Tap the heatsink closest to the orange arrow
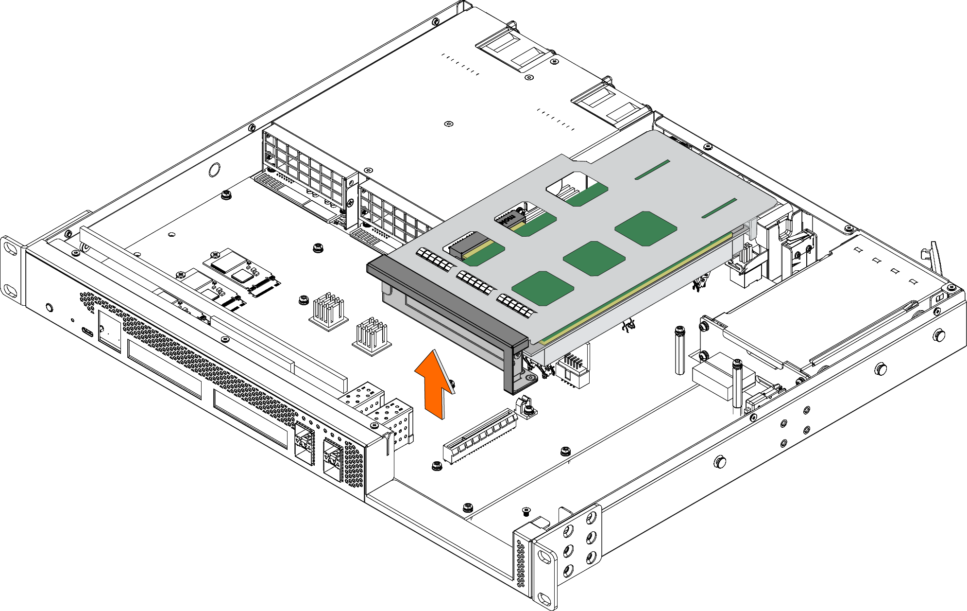pos(372,335)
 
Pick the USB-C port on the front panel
pos(87,332)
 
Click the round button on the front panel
pos(49,307)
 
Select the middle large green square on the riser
pos(594,258)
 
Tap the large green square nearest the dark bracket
pos(543,288)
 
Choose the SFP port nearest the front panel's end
pos(333,456)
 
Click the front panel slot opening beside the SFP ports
pos(250,419)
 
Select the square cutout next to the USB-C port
pos(109,331)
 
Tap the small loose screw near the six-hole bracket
pos(526,511)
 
